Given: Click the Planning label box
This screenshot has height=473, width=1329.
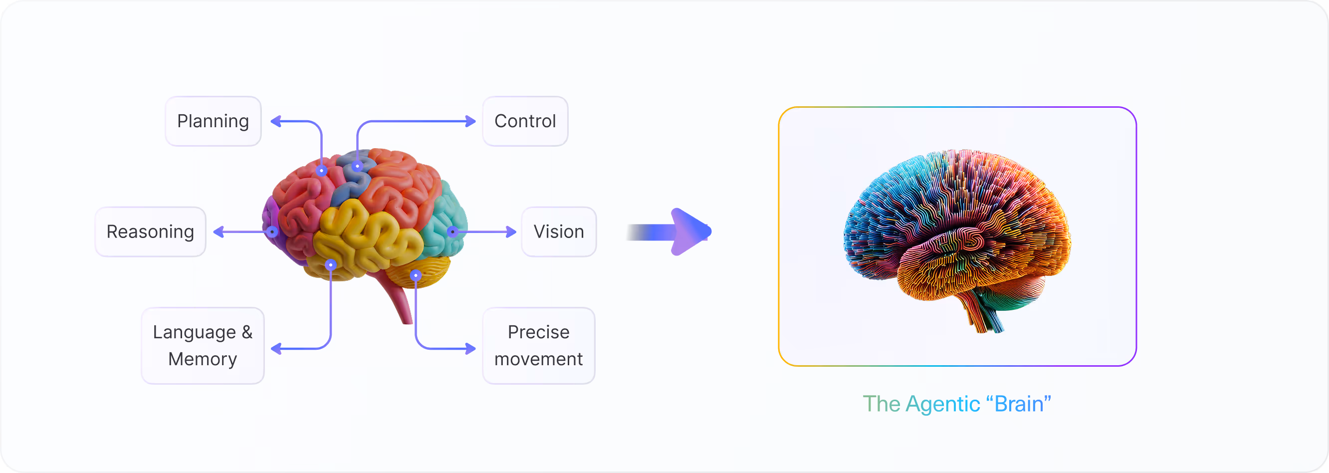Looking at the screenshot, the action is pos(213,121).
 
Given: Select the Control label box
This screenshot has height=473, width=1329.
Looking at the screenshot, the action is pos(525,121).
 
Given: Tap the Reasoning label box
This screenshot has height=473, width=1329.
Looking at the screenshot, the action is pos(150,232).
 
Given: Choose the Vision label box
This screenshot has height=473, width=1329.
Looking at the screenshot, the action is pos(559,232).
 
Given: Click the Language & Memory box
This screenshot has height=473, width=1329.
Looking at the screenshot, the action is pos(203,346).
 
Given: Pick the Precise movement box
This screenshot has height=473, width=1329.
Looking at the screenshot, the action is pos(538,346).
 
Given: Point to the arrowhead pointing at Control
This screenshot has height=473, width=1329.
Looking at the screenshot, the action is pos(470,121).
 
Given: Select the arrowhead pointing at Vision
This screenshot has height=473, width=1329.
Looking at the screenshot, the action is pos(511,232).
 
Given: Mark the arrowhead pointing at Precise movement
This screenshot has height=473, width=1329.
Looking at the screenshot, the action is pos(470,349).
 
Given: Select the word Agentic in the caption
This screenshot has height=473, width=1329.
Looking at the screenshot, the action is pos(942,404).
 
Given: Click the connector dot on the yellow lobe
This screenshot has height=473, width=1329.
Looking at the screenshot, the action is pos(331,264).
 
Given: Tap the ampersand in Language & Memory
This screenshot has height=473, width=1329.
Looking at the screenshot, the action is pos(246,332).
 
